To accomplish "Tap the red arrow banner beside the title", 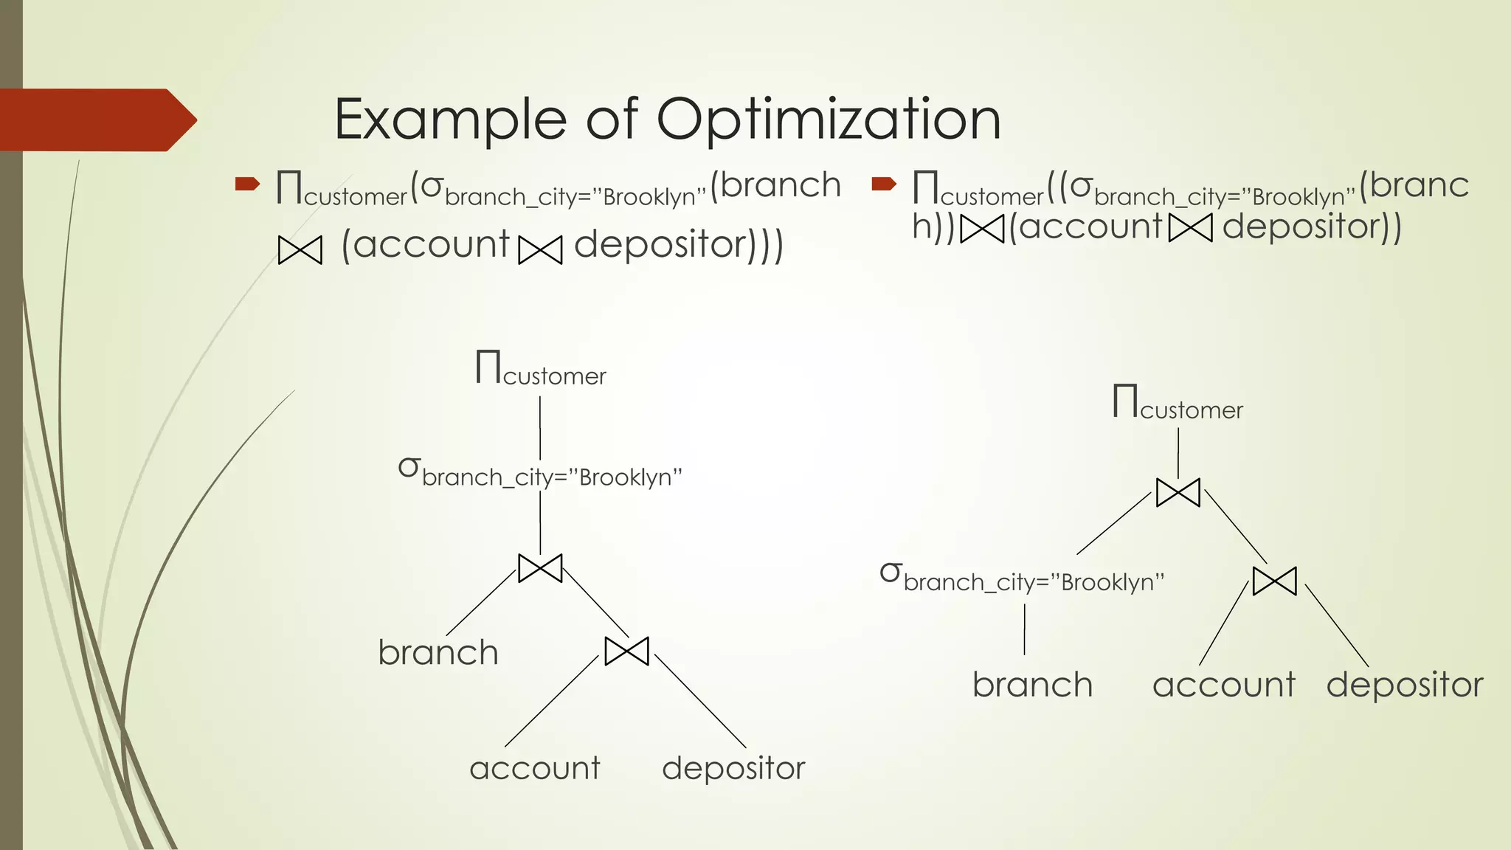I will click(x=96, y=120).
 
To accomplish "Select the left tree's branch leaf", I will click(x=438, y=653).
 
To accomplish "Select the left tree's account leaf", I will click(x=535, y=769).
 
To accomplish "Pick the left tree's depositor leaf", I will click(x=733, y=769).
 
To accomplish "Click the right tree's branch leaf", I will click(x=1032, y=685).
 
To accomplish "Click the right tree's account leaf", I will click(x=1224, y=685).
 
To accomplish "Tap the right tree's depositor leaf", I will click(x=1405, y=685).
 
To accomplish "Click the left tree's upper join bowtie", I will click(x=540, y=568).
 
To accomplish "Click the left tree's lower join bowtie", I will click(x=626, y=651).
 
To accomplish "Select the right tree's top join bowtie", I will click(x=1178, y=492).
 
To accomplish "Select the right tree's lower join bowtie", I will click(x=1274, y=581).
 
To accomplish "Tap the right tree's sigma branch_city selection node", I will click(x=1022, y=578).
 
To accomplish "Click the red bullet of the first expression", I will click(x=247, y=184).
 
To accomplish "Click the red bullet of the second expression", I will click(x=883, y=184).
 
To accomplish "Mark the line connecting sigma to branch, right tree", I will click(x=1024, y=629).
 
